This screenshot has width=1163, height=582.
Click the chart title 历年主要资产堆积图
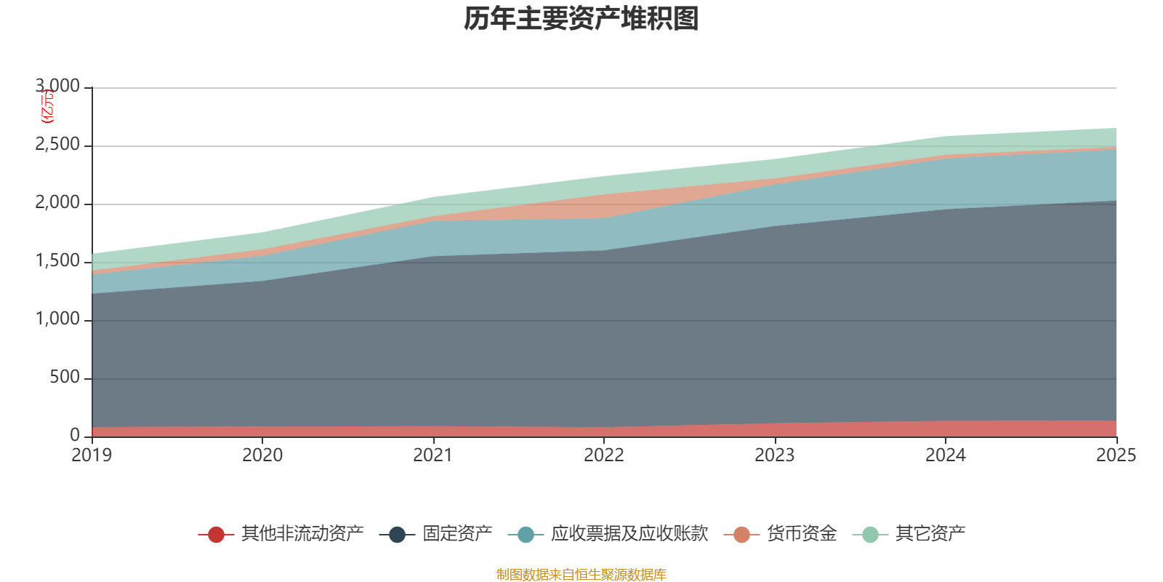click(581, 19)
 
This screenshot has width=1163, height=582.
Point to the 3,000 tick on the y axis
click(58, 87)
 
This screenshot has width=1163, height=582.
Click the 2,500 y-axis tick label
click(58, 145)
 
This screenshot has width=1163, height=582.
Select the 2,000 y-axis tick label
click(58, 203)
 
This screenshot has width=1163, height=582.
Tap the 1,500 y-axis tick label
click(58, 261)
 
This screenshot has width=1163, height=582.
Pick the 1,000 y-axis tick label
click(58, 319)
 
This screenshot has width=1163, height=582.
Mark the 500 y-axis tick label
click(64, 378)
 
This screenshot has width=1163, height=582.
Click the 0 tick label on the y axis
click(75, 435)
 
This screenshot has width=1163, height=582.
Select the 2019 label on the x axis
click(92, 455)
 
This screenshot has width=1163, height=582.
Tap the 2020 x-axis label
click(262, 455)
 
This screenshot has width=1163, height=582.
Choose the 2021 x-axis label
click(433, 455)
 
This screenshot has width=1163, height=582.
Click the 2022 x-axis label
click(604, 455)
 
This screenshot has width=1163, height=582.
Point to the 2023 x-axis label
click(775, 455)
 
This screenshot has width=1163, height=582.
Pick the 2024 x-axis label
click(945, 455)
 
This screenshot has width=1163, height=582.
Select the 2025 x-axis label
click(1116, 455)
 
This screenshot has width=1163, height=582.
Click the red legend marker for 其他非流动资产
click(216, 535)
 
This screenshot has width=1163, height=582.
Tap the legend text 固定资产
click(458, 534)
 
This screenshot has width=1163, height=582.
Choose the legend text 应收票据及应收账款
click(629, 534)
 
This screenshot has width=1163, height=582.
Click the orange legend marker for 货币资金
click(741, 535)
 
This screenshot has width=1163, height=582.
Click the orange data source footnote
click(581, 575)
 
